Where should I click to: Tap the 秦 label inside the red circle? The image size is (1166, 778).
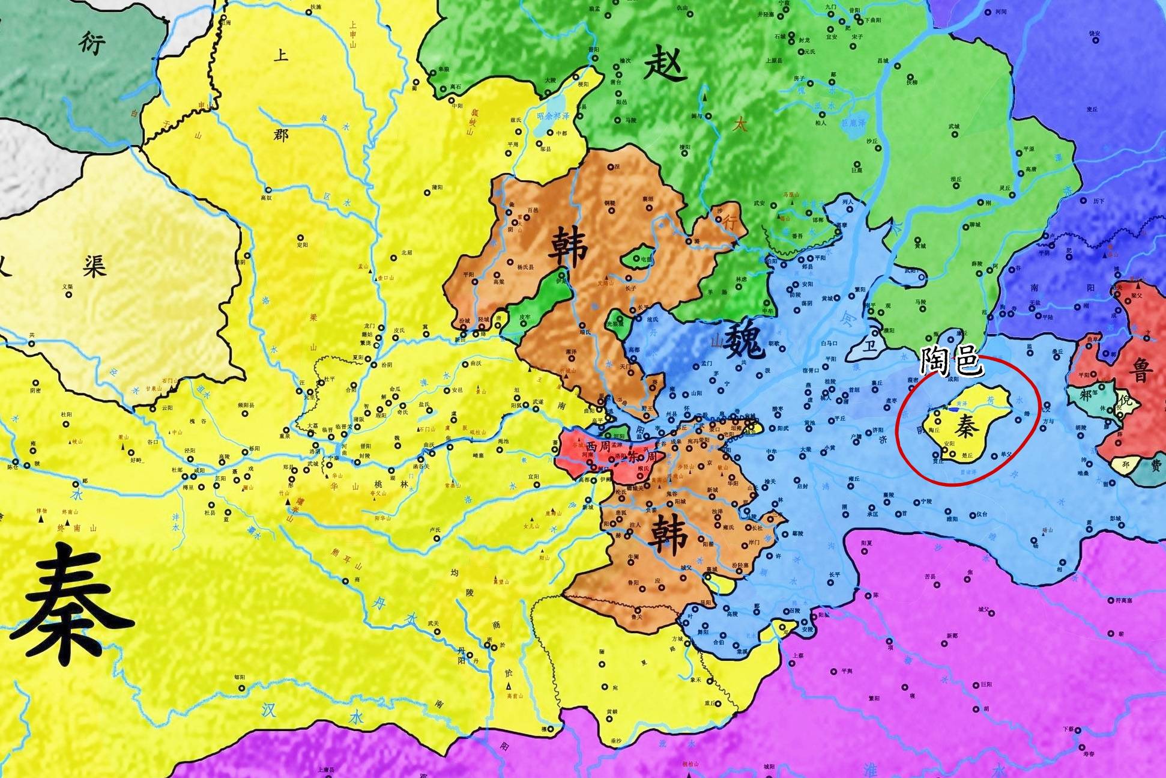[967, 425]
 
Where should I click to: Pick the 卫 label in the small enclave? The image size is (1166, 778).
[869, 347]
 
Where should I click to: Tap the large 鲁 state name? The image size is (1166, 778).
[1141, 370]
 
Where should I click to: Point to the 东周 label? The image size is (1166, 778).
[642, 456]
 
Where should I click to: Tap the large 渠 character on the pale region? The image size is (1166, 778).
[94, 266]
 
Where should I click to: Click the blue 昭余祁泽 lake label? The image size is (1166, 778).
[553, 116]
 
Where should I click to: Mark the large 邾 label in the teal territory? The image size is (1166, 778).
[1086, 395]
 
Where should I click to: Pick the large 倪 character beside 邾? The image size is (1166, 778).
[1126, 400]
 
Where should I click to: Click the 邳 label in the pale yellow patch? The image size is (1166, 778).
[1126, 464]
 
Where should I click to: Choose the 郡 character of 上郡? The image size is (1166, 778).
[280, 134]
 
